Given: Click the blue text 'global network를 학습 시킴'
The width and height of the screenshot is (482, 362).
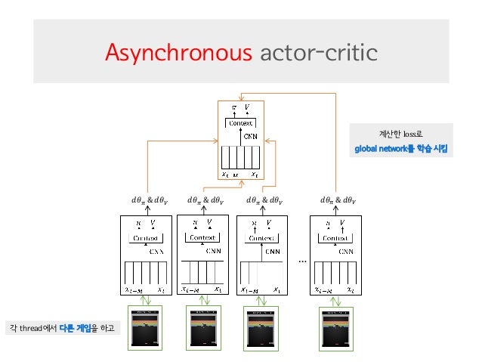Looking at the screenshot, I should click(x=401, y=149).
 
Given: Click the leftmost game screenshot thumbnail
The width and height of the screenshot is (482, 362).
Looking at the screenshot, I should click(x=147, y=327).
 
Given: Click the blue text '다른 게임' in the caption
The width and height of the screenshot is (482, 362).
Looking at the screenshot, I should click(x=74, y=328).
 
